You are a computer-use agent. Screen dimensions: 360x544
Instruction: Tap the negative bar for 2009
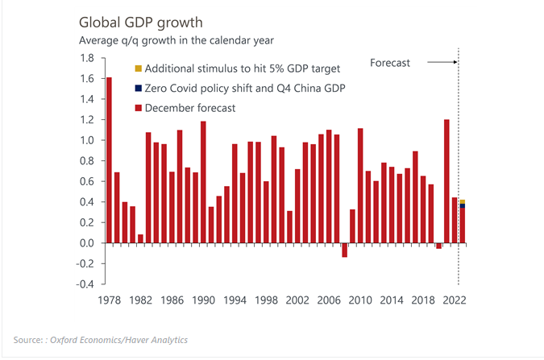point(345,250)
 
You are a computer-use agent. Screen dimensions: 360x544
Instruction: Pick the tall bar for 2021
point(446,181)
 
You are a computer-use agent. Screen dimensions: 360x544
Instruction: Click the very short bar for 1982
point(140,238)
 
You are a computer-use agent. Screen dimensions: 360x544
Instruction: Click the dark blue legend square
point(138,88)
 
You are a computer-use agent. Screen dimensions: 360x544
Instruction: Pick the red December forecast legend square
point(138,108)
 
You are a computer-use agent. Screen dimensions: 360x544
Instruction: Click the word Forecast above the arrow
point(390,62)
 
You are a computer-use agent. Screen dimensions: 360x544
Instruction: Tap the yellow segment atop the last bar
point(462,201)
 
